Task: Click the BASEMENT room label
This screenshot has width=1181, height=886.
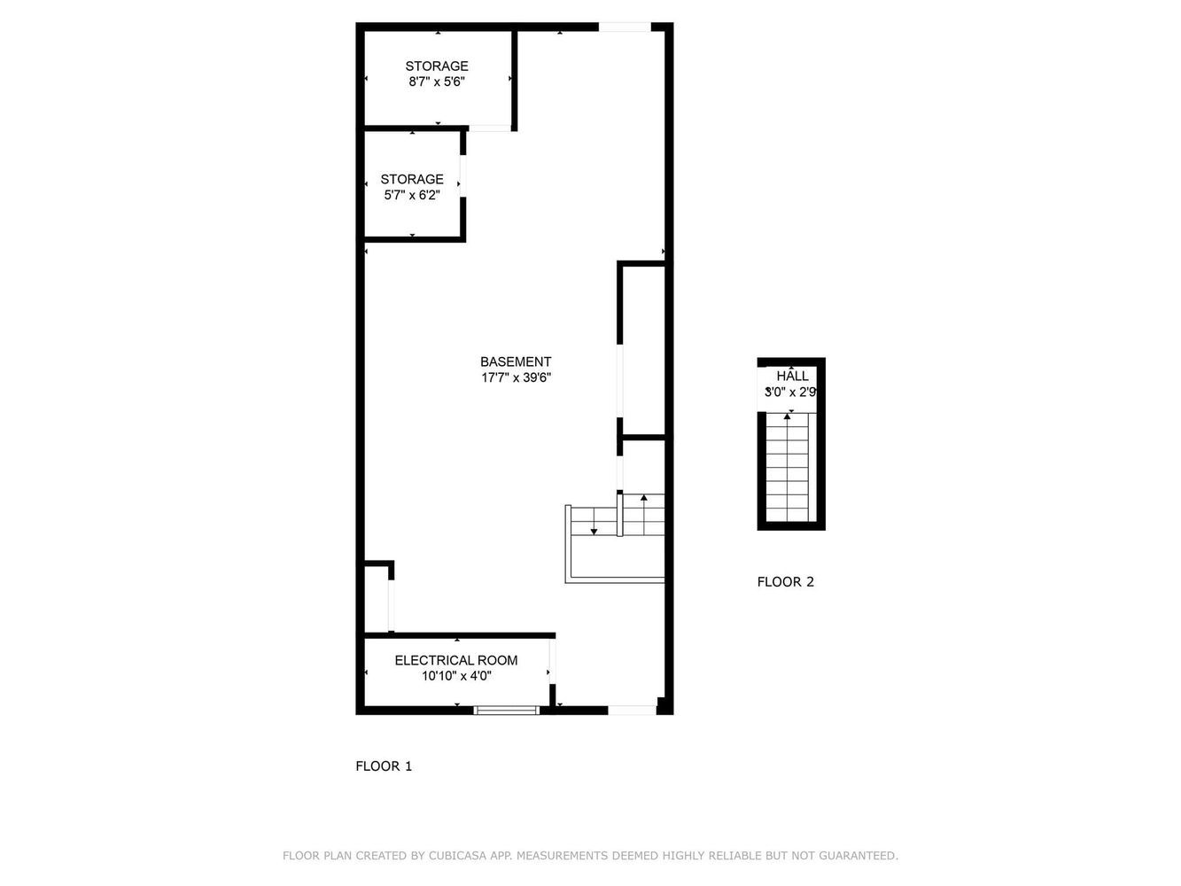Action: pyautogui.click(x=515, y=361)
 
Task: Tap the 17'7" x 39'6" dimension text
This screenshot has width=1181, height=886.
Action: pyautogui.click(x=516, y=377)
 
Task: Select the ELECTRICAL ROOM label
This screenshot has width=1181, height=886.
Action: pyautogui.click(x=455, y=660)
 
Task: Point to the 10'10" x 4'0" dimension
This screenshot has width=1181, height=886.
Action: pyautogui.click(x=455, y=676)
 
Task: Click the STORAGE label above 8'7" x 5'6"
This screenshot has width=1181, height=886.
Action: pyautogui.click(x=437, y=66)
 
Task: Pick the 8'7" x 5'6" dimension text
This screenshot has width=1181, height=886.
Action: pyautogui.click(x=437, y=82)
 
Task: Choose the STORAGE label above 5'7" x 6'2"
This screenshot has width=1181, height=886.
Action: pyautogui.click(x=412, y=179)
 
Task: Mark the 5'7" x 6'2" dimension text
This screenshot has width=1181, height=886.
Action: pyautogui.click(x=412, y=195)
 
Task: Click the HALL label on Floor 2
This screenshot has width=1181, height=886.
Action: pyautogui.click(x=792, y=376)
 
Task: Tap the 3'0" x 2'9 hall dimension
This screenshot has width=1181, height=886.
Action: pyautogui.click(x=790, y=392)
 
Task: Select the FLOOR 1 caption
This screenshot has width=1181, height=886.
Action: pyautogui.click(x=384, y=766)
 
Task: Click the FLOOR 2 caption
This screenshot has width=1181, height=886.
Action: pyautogui.click(x=785, y=581)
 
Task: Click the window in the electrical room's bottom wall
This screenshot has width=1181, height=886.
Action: pyautogui.click(x=506, y=711)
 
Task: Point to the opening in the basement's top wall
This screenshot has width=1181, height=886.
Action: pyautogui.click(x=625, y=27)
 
